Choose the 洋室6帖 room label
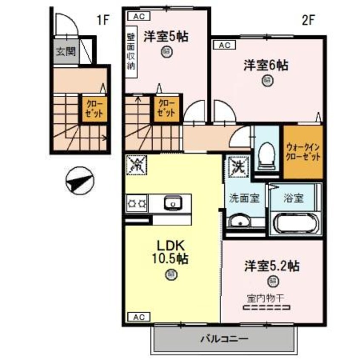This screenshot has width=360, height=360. coord(266,66)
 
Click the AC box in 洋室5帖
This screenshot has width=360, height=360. coord(138,17)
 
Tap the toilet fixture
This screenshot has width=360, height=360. coord(267,154)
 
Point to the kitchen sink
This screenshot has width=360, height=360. coord(173,204)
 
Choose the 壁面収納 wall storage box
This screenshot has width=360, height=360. coord(131,51)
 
